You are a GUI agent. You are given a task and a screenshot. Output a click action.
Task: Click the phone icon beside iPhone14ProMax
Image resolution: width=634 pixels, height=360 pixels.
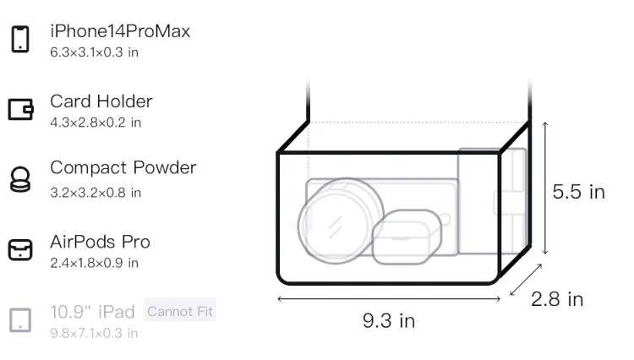click(20, 39)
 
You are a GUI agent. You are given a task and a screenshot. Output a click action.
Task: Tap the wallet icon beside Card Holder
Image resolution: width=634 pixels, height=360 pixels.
click(20, 109)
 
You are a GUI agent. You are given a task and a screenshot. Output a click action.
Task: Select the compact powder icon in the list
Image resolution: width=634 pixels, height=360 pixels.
click(19, 179)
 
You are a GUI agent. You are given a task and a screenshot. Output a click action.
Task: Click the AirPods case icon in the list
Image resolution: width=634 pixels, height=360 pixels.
click(20, 249)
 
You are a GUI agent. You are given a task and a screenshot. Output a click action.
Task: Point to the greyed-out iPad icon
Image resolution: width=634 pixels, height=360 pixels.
click(20, 320)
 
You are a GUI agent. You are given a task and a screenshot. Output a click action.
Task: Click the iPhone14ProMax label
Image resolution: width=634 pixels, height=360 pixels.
click(120, 31)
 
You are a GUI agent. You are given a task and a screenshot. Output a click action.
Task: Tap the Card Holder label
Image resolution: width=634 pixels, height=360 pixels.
click(101, 101)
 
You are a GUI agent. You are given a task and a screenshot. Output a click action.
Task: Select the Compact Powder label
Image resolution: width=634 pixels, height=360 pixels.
click(123, 167)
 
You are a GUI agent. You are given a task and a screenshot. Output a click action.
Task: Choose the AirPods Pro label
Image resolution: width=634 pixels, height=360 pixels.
click(101, 242)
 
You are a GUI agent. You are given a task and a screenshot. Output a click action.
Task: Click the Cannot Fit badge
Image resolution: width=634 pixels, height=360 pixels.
click(180, 311)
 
